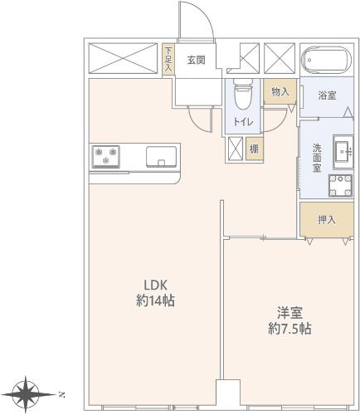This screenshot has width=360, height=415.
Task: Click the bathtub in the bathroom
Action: click(x=327, y=60)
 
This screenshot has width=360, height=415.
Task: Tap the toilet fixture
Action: click(x=243, y=94)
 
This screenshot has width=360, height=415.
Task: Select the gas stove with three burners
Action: click(x=106, y=157)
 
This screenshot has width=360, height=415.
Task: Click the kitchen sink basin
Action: click(x=162, y=157)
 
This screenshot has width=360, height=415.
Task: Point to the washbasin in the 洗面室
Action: click(x=343, y=152)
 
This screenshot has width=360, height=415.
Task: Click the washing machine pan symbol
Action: click(x=340, y=185)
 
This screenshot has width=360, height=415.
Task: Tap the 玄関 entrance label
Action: click(x=197, y=60)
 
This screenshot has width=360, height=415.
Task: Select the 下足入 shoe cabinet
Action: click(x=168, y=60)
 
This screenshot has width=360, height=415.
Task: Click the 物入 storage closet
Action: click(x=280, y=91)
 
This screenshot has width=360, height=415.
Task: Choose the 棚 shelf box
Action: click(x=255, y=149)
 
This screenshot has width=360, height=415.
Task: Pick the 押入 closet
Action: click(x=327, y=220)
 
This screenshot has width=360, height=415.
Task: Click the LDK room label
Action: click(x=156, y=285)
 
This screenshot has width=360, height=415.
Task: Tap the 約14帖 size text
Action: click(x=156, y=300)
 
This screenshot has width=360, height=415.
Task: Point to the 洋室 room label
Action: click(x=289, y=313)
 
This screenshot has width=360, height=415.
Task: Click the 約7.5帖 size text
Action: click(x=289, y=329)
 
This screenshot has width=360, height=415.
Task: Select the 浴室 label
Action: click(x=327, y=95)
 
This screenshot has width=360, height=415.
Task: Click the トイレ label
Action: click(x=243, y=122)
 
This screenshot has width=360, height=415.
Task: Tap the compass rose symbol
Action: click(x=27, y=394)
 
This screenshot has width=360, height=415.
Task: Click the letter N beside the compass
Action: click(x=62, y=394)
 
